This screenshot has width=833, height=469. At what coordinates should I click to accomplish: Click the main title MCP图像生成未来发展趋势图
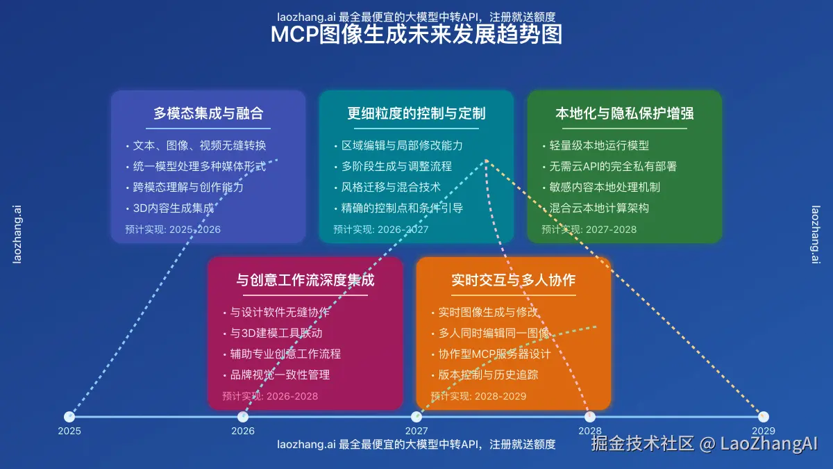coord(416,35)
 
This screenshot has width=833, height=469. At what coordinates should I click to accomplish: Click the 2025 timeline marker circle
coord(69,417)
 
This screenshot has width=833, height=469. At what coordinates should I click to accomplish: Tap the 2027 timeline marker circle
coord(416,417)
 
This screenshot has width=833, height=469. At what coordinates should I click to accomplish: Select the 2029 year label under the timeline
coord(763,431)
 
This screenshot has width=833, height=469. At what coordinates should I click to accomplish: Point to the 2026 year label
coord(243,431)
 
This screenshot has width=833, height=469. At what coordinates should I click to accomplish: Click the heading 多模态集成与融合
coord(208,114)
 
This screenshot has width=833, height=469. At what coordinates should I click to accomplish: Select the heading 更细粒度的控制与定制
coord(416,114)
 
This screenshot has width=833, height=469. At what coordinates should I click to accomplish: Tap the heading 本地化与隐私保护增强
coord(625,114)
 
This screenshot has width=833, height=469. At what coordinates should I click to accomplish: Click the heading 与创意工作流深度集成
coord(305,281)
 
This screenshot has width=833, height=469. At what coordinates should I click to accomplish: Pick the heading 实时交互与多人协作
coord(514,281)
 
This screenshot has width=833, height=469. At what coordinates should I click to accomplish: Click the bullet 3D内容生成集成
coord(173,208)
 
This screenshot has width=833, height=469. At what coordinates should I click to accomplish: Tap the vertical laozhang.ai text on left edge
coord(17,234)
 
